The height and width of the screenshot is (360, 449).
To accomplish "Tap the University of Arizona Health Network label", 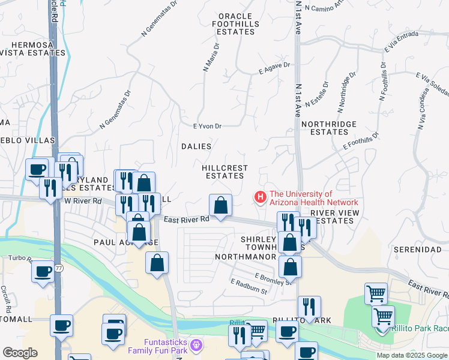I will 309,198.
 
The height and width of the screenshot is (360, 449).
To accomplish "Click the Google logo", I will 20,353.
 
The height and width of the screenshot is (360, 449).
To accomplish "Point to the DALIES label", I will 196,146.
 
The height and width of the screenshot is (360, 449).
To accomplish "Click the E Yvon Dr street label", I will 208,127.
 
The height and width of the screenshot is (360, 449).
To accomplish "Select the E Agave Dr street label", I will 274,65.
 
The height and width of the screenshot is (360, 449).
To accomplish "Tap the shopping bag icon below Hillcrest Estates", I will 221,205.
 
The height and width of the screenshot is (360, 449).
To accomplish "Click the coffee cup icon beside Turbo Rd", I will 43,271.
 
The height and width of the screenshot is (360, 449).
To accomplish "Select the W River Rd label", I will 83,202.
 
